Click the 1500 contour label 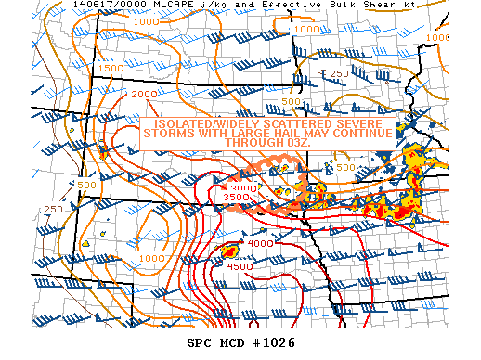pos(110,68)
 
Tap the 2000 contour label pos(144,95)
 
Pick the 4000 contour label pos(260,243)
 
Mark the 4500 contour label pos(240,266)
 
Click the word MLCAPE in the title pos(141,6)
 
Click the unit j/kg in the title pos(183,6)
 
